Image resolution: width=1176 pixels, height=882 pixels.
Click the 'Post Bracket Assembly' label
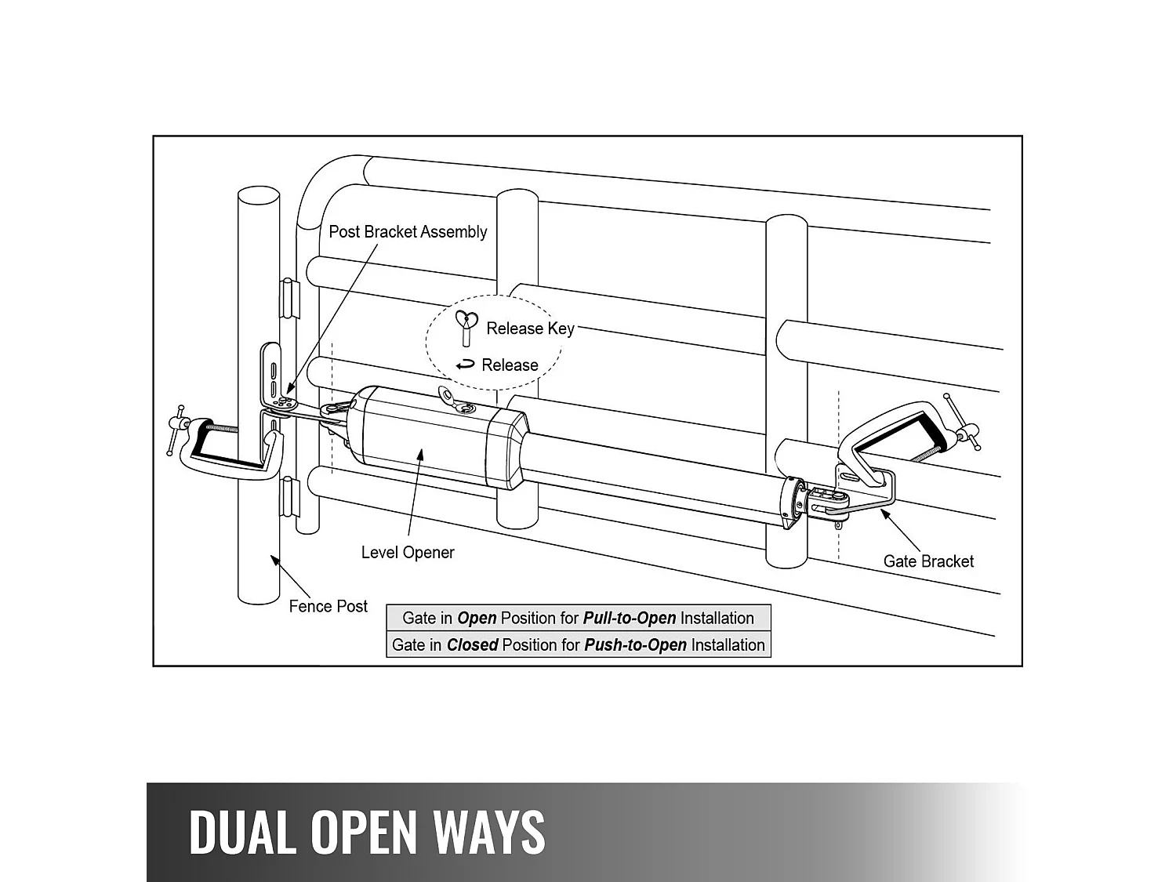(x=408, y=232)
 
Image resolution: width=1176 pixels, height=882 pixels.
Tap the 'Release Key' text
(x=530, y=328)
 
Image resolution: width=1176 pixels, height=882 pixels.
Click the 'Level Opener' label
(x=408, y=553)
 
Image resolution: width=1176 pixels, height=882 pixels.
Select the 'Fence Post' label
(x=328, y=607)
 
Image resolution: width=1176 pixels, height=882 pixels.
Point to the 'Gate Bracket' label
(x=928, y=561)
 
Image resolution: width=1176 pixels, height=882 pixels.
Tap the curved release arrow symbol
(x=466, y=365)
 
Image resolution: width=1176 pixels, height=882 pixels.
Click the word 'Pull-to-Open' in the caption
(x=629, y=618)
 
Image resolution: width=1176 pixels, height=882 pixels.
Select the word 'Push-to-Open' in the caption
(x=634, y=645)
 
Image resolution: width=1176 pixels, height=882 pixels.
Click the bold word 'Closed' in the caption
(x=472, y=645)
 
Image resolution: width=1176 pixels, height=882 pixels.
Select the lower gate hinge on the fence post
(x=290, y=497)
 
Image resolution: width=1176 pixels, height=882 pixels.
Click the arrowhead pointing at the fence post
(x=274, y=559)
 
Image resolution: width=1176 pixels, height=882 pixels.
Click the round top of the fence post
(x=259, y=195)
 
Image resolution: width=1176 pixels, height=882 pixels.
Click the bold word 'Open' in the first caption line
(x=477, y=618)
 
